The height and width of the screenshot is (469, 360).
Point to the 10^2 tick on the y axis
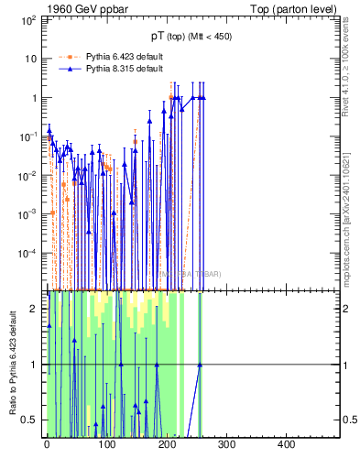[x=27, y=20]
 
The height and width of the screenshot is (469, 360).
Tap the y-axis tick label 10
[x=30, y=59]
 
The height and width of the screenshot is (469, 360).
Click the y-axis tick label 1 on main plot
[x=33, y=98]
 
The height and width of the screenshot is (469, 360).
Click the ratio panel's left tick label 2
[x=33, y=309]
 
